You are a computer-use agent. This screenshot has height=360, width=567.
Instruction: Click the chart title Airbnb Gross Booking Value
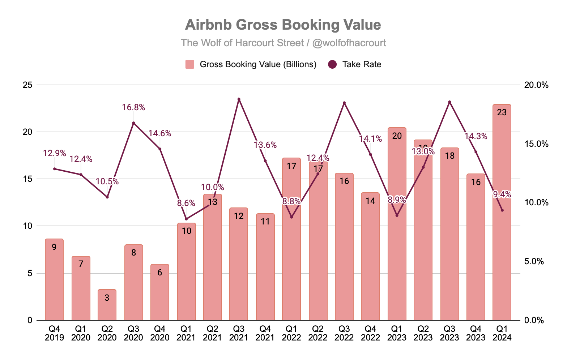283,25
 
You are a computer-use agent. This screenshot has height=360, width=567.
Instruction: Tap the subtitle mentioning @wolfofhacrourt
283,43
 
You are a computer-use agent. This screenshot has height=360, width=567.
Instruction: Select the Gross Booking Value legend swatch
190,64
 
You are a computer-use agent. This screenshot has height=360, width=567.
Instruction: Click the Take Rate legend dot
332,64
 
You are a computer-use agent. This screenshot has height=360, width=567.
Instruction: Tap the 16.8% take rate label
133,107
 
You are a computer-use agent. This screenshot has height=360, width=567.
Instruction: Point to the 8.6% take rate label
186,203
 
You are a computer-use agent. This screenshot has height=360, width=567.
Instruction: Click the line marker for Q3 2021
239,99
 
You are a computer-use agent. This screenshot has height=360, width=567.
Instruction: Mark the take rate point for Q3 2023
449,102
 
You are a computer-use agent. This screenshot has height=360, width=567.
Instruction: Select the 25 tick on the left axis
27,85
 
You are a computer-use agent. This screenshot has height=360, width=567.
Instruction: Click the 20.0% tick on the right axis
536,85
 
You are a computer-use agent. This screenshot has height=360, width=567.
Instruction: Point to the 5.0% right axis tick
534,261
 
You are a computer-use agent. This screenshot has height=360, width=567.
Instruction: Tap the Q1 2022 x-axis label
291,333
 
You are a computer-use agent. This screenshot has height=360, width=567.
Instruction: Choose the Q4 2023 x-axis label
476,333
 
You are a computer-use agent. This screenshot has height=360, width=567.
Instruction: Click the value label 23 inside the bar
502,113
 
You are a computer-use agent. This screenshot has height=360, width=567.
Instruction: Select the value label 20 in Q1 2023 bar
397,136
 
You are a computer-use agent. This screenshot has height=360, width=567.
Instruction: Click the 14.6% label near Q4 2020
160,133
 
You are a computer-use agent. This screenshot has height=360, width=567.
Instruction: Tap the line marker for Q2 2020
107,197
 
